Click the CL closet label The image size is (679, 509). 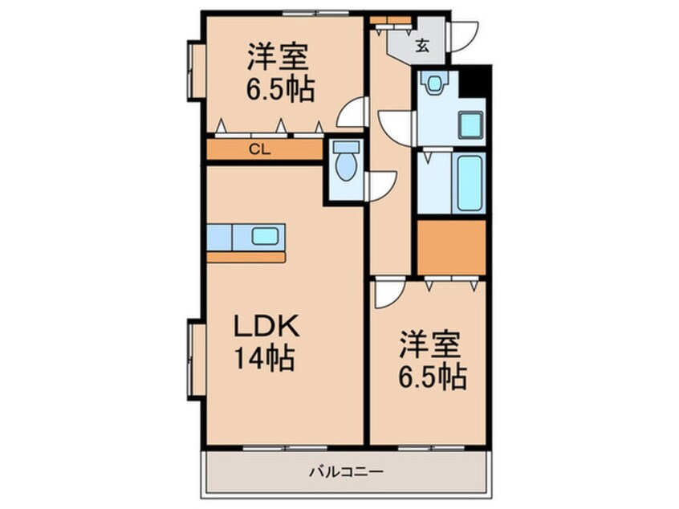[x=258, y=149]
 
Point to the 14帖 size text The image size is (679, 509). [x=266, y=357]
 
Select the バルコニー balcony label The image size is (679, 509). [x=346, y=471]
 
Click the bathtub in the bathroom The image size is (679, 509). [x=469, y=183]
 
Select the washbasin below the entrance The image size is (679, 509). [x=436, y=83]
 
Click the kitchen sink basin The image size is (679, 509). [x=266, y=236]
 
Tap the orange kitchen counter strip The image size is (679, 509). [x=246, y=258]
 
